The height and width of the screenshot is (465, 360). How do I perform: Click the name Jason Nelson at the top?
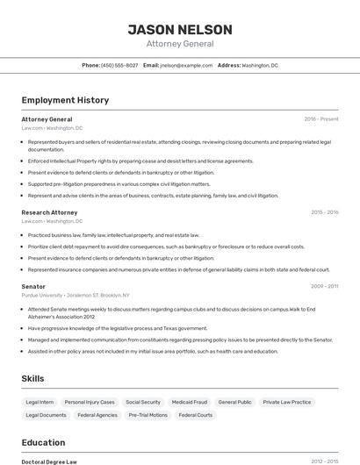pyautogui.click(x=180, y=30)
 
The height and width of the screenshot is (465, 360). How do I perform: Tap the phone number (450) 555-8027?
pyautogui.click(x=119, y=65)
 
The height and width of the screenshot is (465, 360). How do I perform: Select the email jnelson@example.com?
pyautogui.click(x=186, y=65)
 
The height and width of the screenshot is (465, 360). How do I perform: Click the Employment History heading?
pyautogui.click(x=65, y=100)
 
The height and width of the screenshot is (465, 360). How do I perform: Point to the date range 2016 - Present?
pyautogui.click(x=321, y=118)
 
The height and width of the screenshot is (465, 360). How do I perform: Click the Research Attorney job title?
pyautogui.click(x=49, y=212)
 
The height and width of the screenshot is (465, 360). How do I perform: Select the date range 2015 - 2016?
pyautogui.click(x=325, y=212)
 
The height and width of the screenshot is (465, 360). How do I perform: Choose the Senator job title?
pyautogui.click(x=33, y=286)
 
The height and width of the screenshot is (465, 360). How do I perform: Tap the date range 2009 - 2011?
pyautogui.click(x=325, y=286)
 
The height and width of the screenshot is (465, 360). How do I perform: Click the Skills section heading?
pyautogui.click(x=33, y=378)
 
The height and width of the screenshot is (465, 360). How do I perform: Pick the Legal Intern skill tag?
pyautogui.click(x=40, y=402)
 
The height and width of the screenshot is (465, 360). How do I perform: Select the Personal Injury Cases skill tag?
pyautogui.click(x=90, y=402)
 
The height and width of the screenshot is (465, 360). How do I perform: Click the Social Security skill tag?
pyautogui.click(x=143, y=402)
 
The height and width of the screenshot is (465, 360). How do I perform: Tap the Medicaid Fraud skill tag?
pyautogui.click(x=190, y=402)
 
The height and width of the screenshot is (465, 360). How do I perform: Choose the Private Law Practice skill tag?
pyautogui.click(x=287, y=402)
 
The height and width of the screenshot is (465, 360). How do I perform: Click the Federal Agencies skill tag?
pyautogui.click(x=97, y=415)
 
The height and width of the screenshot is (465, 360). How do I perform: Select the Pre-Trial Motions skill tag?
pyautogui.click(x=148, y=415)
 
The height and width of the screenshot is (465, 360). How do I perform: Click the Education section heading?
pyautogui.click(x=43, y=442)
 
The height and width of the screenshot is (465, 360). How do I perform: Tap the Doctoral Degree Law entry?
pyautogui.click(x=49, y=461)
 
